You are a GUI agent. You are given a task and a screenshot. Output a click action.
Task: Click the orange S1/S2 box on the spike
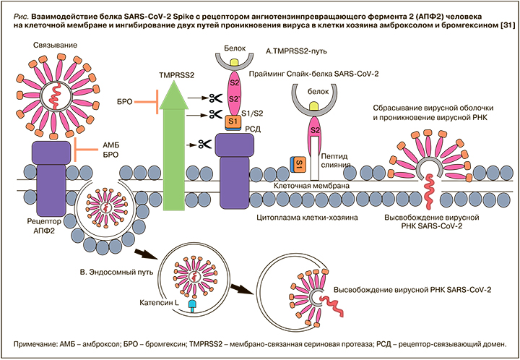click(233, 121)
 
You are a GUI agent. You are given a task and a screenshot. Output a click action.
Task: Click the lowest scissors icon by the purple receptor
click(195, 145)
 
